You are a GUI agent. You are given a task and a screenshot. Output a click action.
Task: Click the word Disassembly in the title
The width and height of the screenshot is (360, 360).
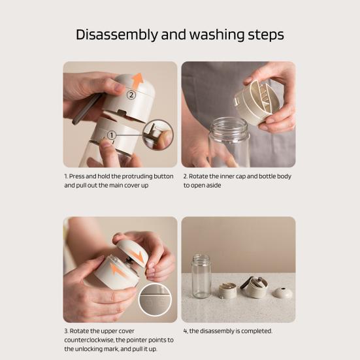[117, 35]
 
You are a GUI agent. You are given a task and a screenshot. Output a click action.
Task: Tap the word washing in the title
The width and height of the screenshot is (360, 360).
[217, 35]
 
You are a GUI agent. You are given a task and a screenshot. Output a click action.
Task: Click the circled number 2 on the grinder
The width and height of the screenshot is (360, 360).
[131, 95]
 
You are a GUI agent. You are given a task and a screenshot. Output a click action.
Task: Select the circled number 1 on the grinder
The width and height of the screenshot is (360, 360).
[112, 135]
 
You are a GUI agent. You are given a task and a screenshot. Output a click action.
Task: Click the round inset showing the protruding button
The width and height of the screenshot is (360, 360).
[158, 135]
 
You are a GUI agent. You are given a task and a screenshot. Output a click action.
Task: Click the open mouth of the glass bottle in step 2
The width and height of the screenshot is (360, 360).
[229, 124]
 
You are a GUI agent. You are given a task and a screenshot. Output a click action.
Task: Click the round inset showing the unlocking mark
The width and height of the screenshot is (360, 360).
[155, 299]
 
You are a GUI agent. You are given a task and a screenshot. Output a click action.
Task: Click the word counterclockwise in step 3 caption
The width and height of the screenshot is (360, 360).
[90, 340]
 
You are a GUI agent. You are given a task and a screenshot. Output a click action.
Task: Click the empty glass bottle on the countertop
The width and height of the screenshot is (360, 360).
[201, 276]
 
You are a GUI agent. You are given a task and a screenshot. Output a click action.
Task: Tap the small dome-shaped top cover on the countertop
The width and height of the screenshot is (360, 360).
[283, 292]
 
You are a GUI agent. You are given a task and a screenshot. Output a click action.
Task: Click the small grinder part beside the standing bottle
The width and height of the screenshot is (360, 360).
[227, 291]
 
